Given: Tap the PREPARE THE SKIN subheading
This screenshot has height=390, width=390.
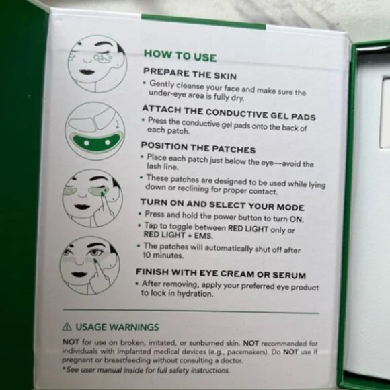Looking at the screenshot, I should pyautogui.click(x=190, y=75).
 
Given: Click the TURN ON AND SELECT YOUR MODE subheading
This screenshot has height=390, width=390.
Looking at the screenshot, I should pyautogui.click(x=222, y=207).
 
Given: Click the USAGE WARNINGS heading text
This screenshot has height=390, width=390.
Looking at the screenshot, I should pyautogui.click(x=117, y=327).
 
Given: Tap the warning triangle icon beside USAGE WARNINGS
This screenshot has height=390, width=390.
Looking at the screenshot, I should pyautogui.click(x=67, y=327).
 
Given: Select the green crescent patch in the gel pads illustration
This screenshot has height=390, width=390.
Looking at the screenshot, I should pyautogui.click(x=95, y=143).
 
